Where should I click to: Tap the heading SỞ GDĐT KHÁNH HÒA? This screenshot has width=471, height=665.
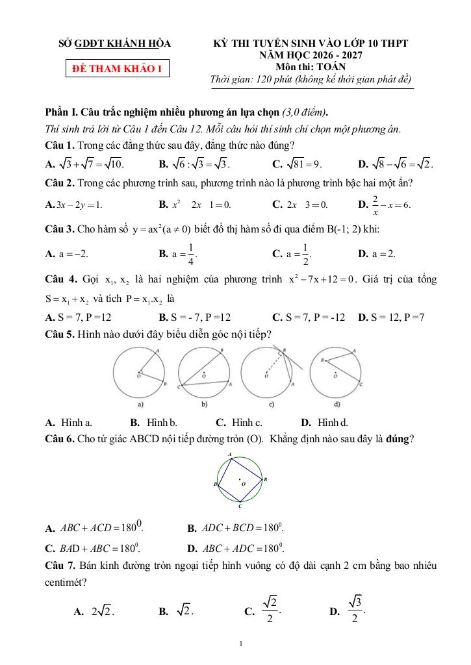[x=115, y=44]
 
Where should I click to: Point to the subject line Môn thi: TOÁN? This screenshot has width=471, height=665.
[x=311, y=66]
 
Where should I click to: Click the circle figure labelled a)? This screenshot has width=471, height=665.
[x=139, y=374]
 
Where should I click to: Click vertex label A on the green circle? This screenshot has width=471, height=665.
[x=231, y=453]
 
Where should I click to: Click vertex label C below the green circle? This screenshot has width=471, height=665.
[x=240, y=505]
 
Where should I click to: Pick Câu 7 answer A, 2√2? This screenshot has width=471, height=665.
[x=95, y=611]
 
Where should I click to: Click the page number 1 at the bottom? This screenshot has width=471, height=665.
[x=241, y=644]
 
